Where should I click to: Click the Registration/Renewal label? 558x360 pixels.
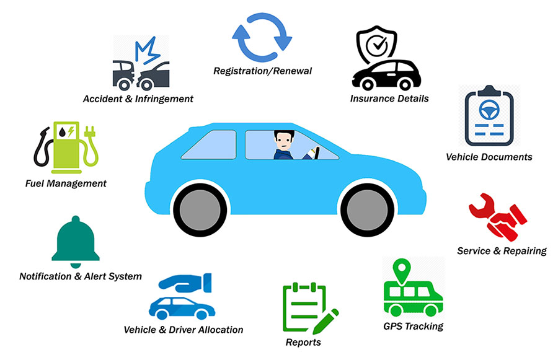[x=262, y=71]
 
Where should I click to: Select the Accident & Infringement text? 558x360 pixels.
[x=138, y=99]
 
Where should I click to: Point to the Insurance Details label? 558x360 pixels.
[x=389, y=99]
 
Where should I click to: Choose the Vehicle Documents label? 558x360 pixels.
[x=489, y=157]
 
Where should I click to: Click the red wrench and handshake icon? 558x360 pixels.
[x=498, y=219]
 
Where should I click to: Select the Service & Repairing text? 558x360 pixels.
[x=502, y=251]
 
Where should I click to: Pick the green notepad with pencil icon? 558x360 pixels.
[x=308, y=308]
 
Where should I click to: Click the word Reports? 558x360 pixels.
[x=303, y=342]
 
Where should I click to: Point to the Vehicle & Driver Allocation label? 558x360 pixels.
[x=184, y=329]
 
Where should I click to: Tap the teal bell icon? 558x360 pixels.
[x=76, y=239]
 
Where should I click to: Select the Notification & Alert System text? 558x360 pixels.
[x=81, y=276]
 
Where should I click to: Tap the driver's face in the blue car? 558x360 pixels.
[x=283, y=141]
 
